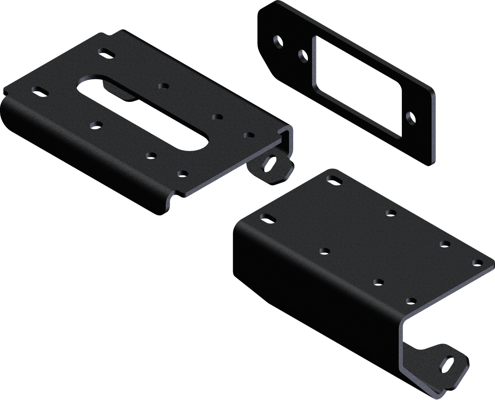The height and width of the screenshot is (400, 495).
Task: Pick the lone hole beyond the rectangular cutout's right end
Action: (x=410, y=118)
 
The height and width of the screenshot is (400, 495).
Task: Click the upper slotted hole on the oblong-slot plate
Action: (x=106, y=53)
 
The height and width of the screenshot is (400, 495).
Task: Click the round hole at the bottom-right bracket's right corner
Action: (x=476, y=263)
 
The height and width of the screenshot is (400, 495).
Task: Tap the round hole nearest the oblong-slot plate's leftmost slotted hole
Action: (x=94, y=124)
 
